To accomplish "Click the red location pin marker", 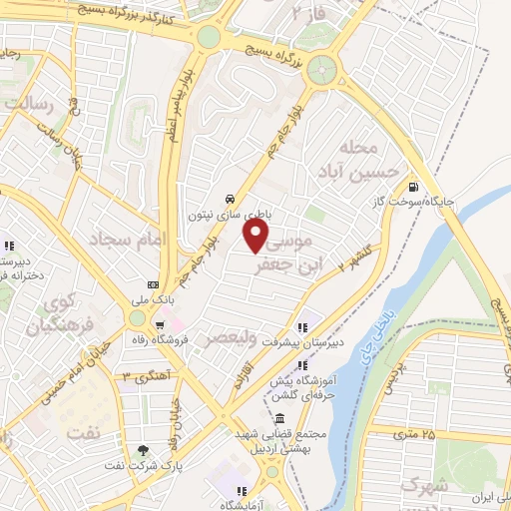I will click(256, 235).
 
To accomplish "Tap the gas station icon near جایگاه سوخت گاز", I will click(413, 185).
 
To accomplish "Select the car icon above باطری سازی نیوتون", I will click(231, 199).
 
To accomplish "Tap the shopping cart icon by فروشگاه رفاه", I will click(160, 324).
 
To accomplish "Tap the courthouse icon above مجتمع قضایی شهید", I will click(280, 418).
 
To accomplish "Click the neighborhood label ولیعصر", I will click(229, 338).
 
